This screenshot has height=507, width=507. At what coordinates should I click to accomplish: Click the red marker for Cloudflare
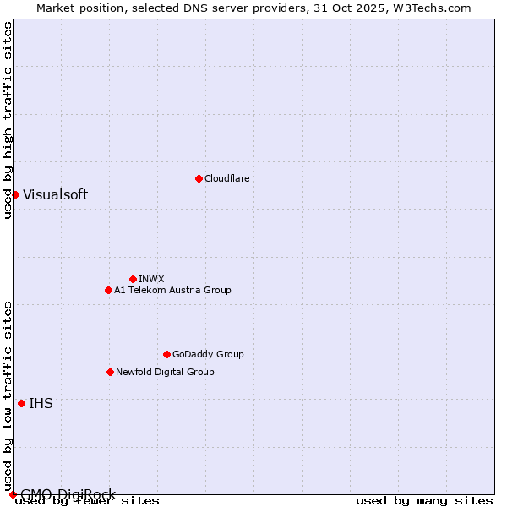point(199,178)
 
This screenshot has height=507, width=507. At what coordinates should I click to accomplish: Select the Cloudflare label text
point(226,178)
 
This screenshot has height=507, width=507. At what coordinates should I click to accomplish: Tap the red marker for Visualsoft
point(15,194)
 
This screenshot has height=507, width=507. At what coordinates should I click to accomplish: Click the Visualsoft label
point(55,194)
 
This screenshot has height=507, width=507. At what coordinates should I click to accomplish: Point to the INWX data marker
point(133,279)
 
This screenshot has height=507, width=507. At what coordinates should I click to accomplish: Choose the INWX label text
point(151,279)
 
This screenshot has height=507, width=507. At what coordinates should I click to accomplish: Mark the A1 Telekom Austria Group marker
point(108,290)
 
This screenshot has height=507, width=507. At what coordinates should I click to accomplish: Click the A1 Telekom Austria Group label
point(172,290)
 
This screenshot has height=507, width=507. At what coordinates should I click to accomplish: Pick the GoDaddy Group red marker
point(166,354)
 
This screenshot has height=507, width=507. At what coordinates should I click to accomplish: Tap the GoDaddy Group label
point(208,354)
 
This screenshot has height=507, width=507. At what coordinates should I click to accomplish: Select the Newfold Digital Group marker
point(110,372)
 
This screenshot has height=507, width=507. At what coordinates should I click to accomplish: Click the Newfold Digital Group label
point(165,372)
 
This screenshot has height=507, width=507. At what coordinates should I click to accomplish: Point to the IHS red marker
point(21,403)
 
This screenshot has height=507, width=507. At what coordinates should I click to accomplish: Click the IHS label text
point(41,403)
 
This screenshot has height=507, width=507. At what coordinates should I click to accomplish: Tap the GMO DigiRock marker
point(13,494)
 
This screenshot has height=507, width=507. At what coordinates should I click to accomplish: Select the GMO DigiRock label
point(68,494)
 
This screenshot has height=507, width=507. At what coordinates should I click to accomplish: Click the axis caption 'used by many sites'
point(424,501)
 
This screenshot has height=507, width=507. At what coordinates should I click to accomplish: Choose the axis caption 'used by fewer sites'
point(88,501)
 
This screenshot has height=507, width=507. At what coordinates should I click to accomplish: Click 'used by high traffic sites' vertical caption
point(8,120)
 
